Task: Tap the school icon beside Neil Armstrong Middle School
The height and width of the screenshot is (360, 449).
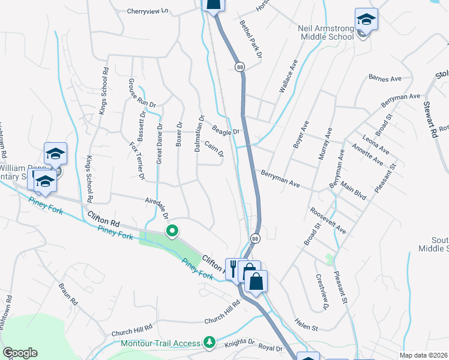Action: tap(366, 20)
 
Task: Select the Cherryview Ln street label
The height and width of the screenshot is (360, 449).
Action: tap(148, 11)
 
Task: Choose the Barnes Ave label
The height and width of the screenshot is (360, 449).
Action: tap(385, 78)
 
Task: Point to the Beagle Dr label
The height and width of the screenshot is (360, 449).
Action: tap(226, 130)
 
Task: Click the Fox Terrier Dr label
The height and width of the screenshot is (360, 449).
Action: tap(137, 160)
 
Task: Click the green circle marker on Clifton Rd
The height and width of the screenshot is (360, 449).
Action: tap(172, 230)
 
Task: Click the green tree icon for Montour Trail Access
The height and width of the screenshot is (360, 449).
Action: tap(209, 343)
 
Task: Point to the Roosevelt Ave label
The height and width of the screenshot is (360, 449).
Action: tap(328, 221)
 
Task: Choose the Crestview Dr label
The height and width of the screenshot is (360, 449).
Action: tap(322, 292)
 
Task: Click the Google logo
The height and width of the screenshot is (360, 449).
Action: tap(20, 353)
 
